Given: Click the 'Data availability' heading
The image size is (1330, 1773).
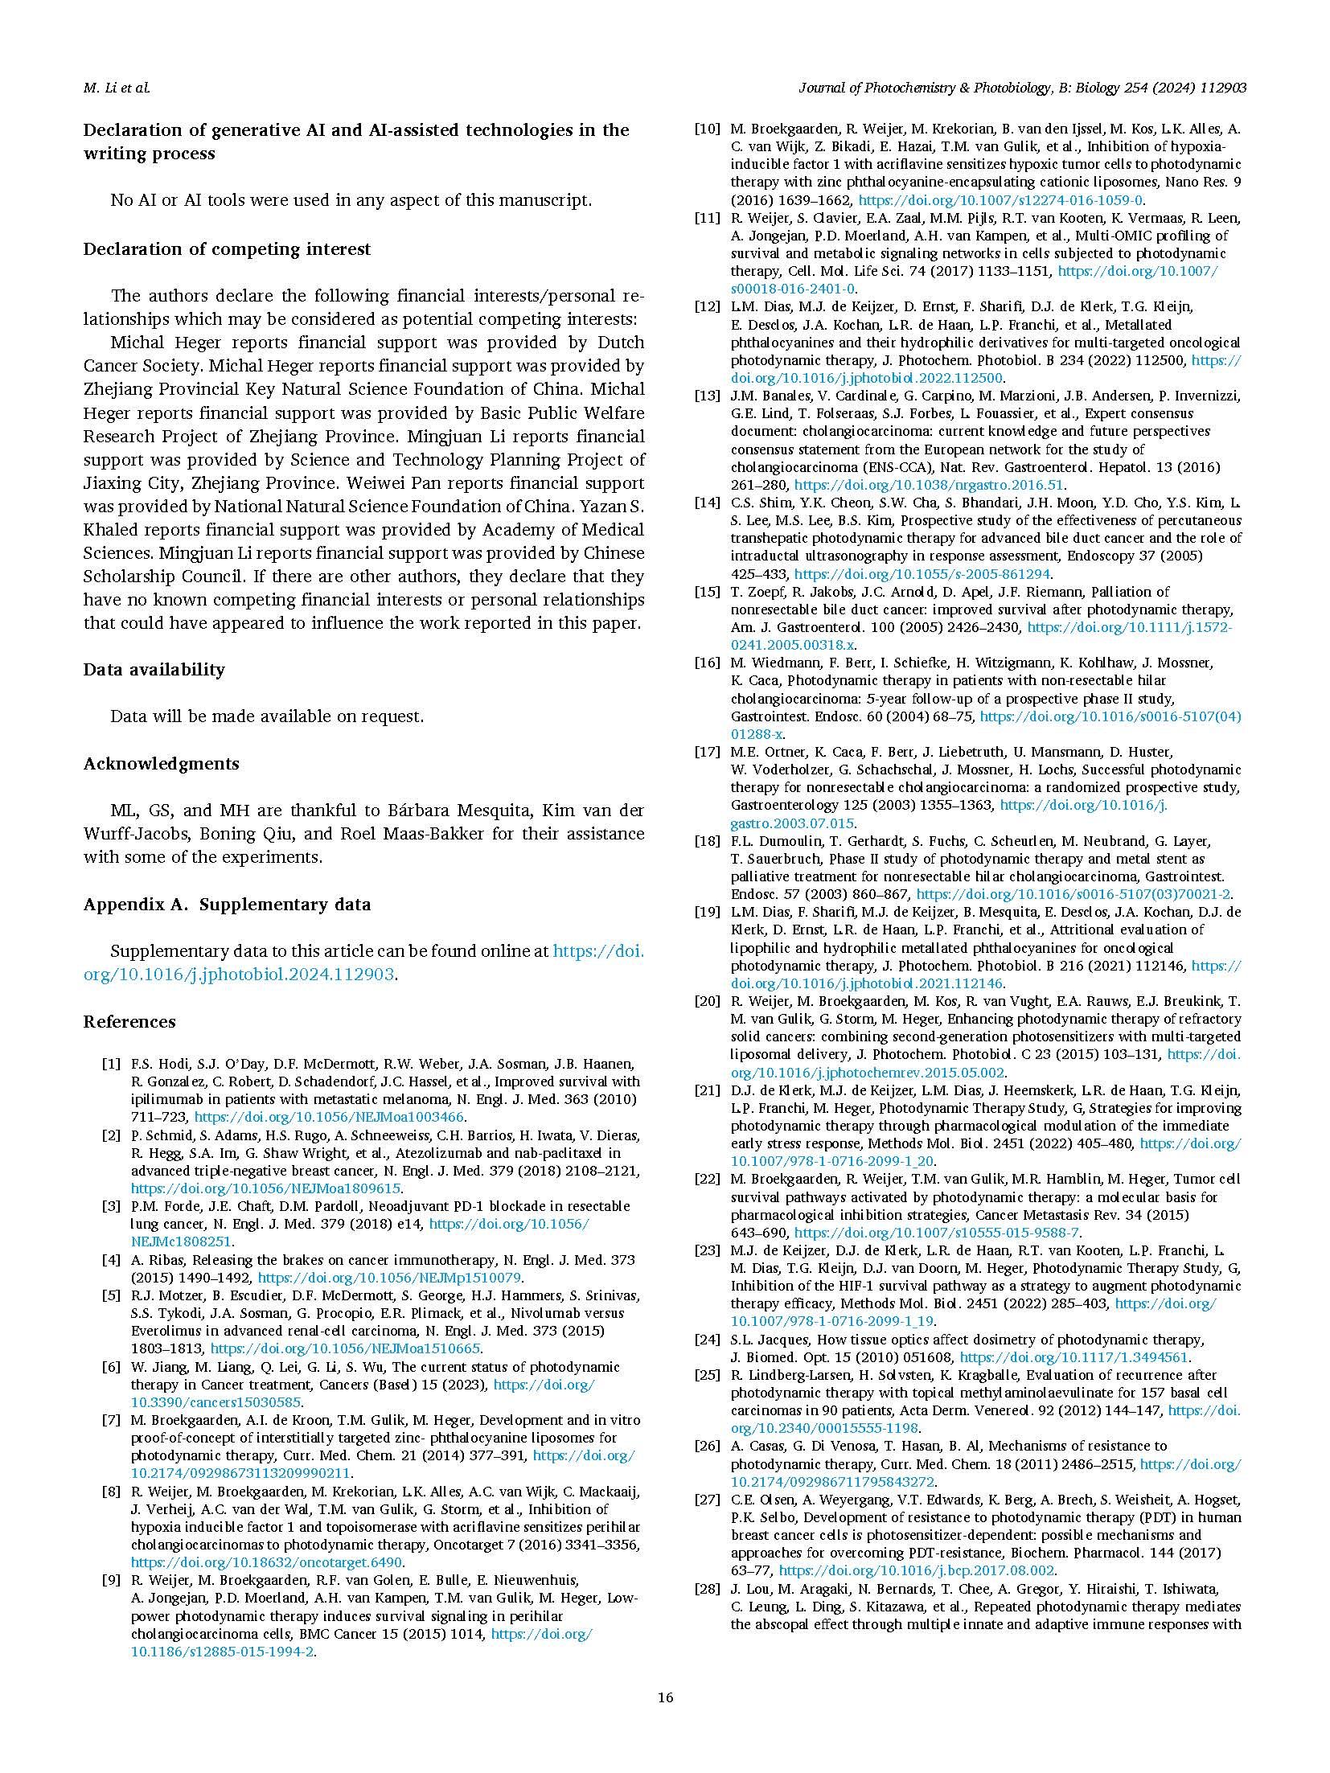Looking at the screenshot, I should coord(154,669).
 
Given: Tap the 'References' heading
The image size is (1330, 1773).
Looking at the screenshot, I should coord(129,1021).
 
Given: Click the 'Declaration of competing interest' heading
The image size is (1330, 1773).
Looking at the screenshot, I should coord(227,248).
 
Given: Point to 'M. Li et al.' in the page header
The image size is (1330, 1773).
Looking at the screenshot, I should coord(117,88).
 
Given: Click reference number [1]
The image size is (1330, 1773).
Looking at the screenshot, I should coord(111,1064).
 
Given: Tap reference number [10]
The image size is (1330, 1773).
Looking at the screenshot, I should coord(707,129).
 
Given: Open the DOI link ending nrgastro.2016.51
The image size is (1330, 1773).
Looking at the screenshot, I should coord(929,485).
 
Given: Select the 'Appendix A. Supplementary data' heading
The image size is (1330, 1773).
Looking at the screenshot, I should coord(227,904).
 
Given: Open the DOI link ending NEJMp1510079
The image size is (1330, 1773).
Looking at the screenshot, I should coord(389,1278).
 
